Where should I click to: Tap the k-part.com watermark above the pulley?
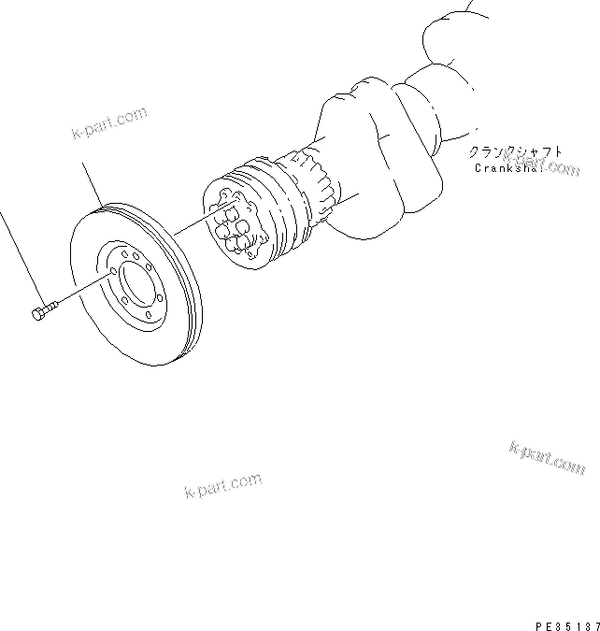(x=109, y=123)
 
